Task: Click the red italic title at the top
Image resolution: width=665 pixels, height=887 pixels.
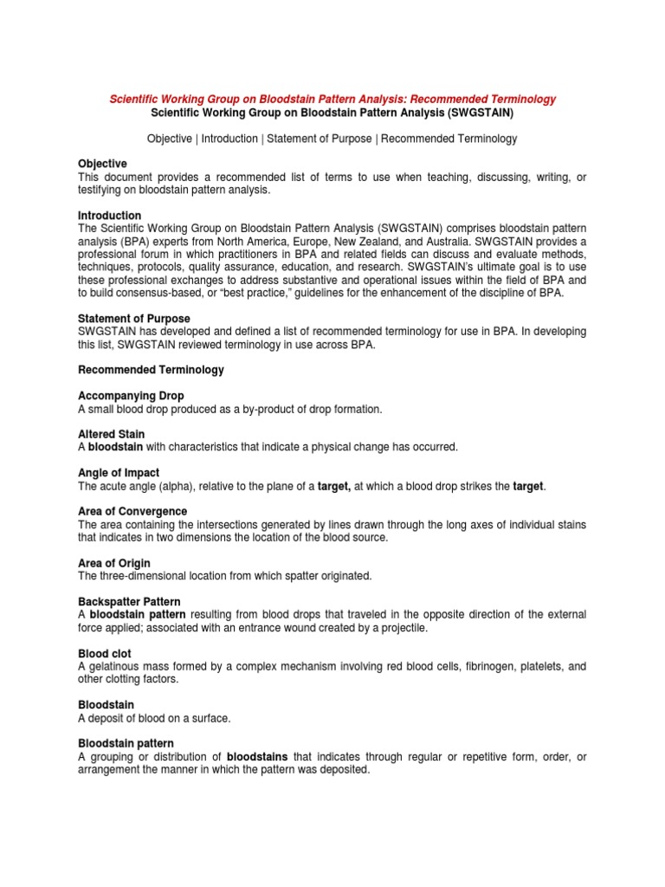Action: [x=332, y=100]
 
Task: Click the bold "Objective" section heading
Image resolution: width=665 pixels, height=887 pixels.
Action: [x=102, y=164]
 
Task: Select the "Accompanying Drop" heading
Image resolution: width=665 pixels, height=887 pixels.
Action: [x=131, y=396]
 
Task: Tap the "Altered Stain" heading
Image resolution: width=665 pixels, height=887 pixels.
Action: [x=112, y=434]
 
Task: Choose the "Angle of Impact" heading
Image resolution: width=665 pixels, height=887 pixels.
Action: [x=119, y=473]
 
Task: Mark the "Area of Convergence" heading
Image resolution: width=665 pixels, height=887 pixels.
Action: [x=132, y=512]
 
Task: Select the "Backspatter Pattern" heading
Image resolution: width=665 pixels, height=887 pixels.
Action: [x=128, y=601]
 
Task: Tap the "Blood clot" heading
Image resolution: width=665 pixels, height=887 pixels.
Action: [x=105, y=653]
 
